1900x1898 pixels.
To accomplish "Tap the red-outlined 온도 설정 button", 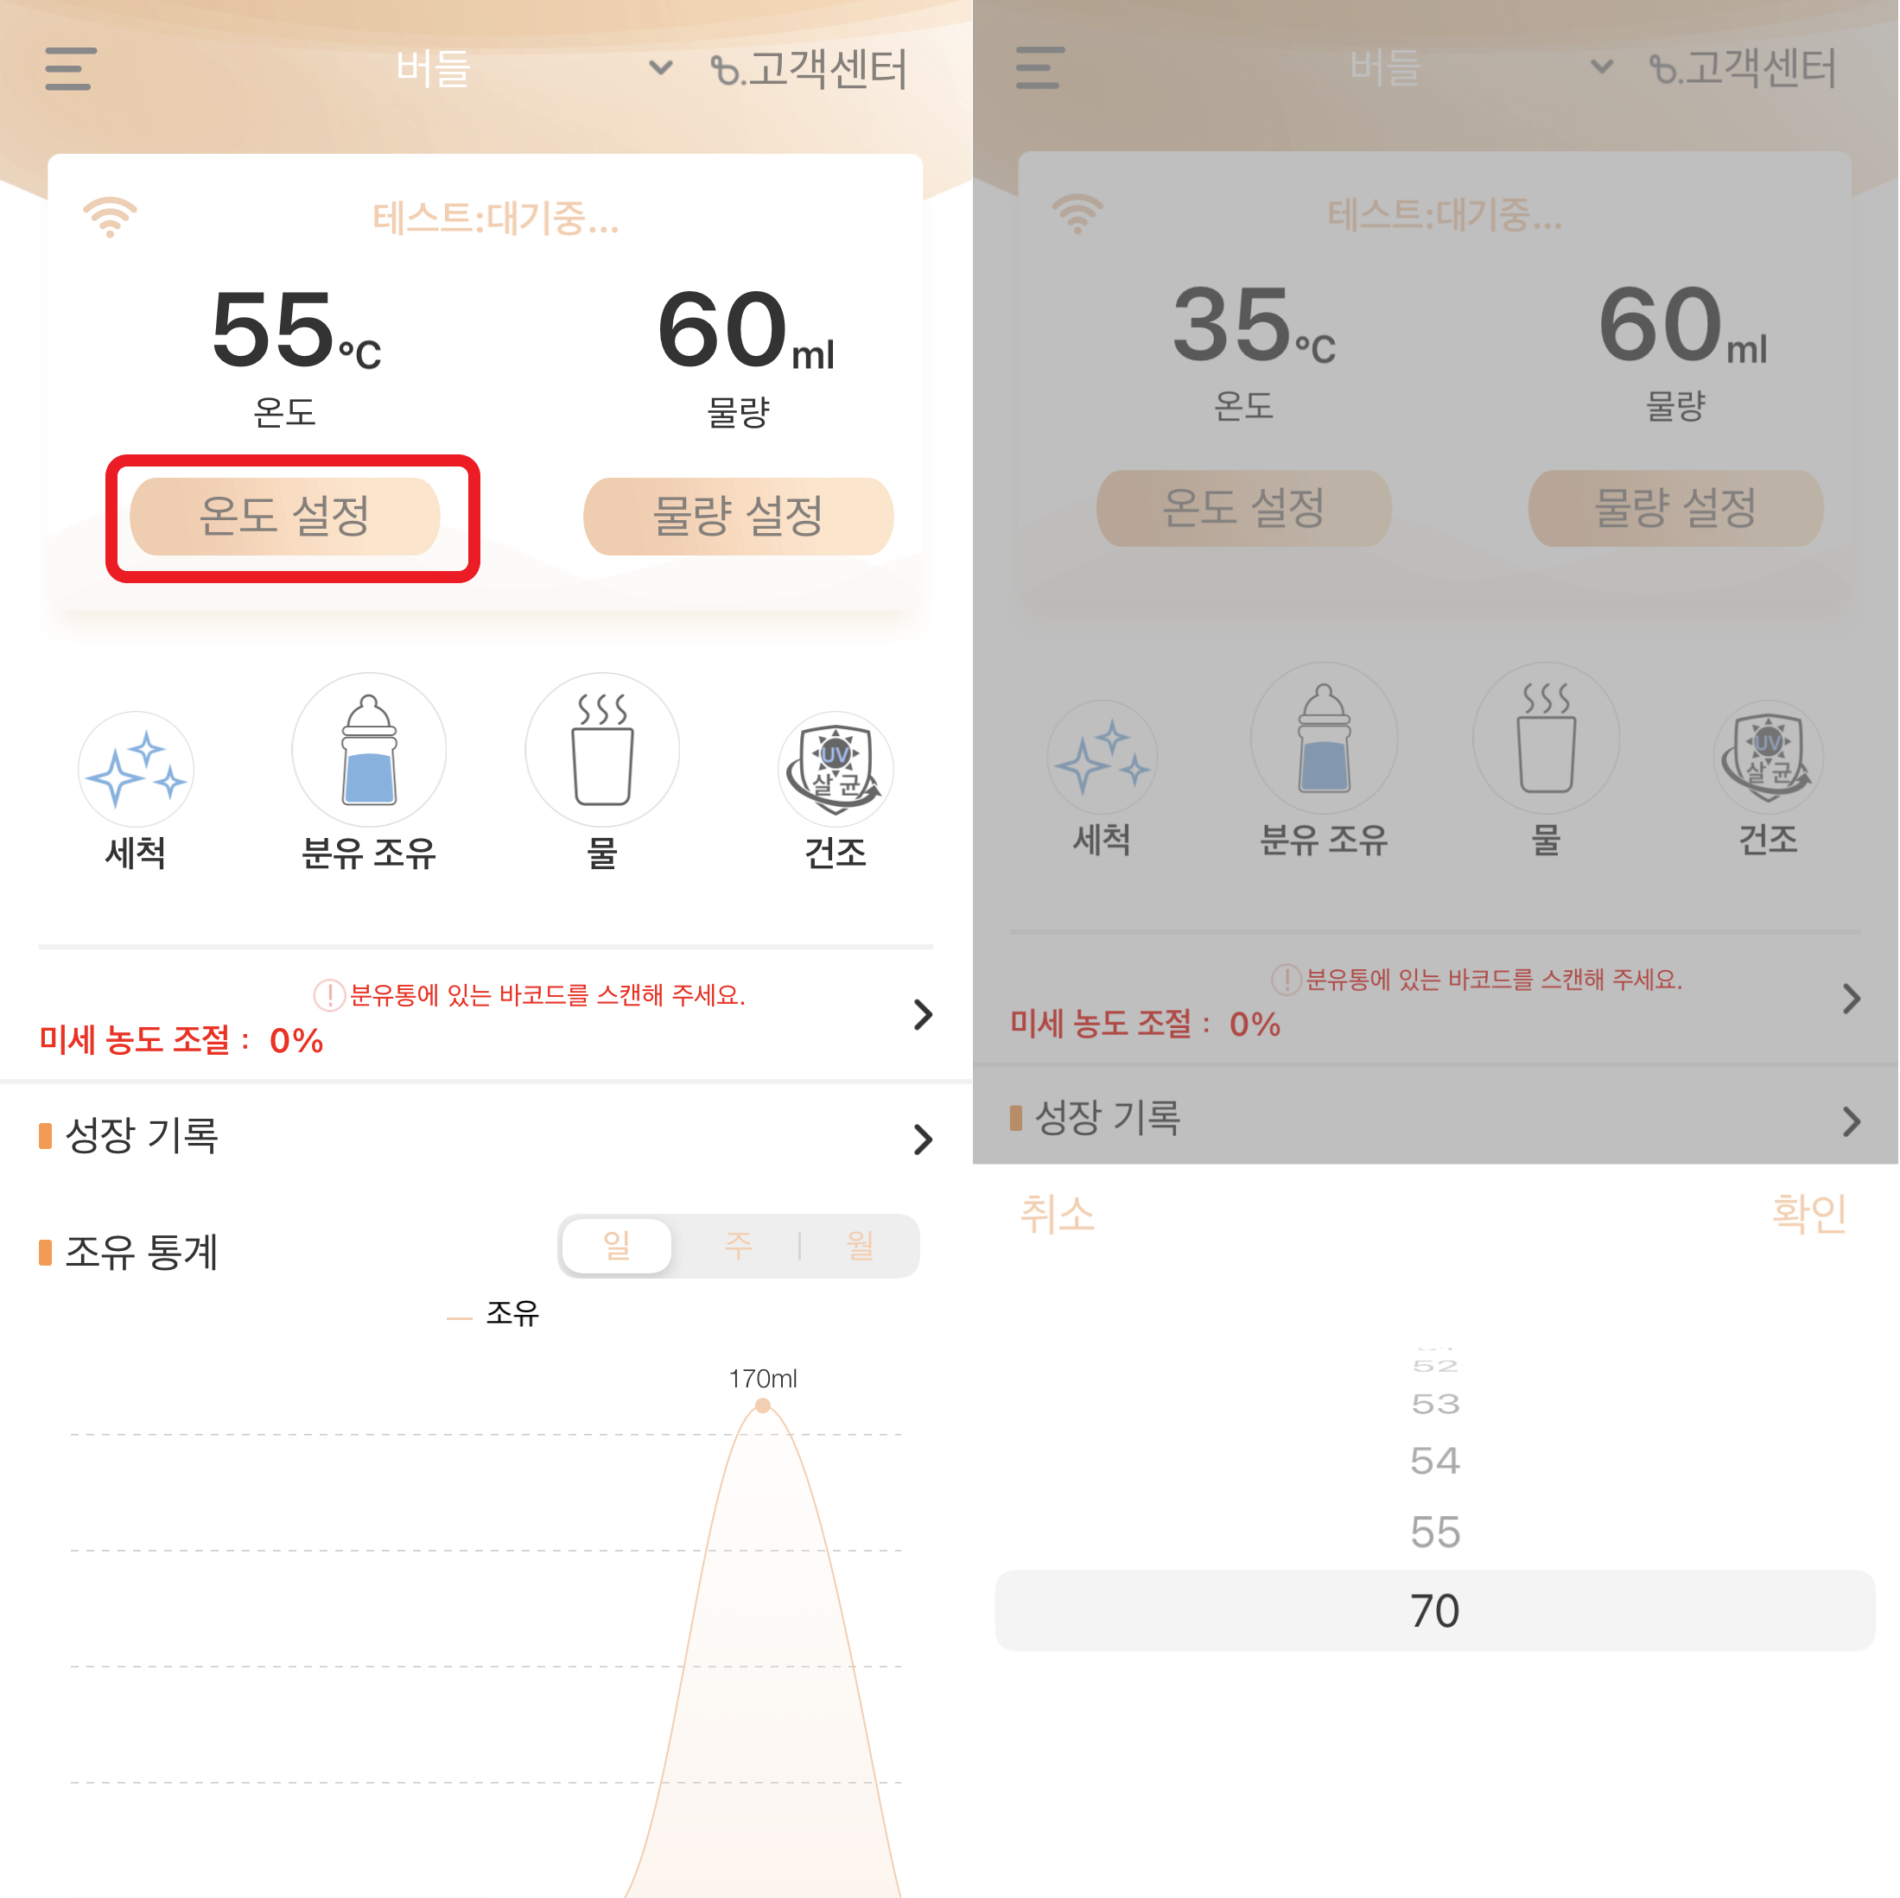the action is [285, 517].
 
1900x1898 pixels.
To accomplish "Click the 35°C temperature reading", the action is [1254, 325].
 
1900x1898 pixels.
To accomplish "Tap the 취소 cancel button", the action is [1058, 1214].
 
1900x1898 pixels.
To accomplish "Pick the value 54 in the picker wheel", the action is [1435, 1460].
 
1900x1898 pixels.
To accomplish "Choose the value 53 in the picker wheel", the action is [1435, 1403].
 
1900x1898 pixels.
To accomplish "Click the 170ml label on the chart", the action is [763, 1379].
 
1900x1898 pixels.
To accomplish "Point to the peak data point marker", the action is [763, 1406].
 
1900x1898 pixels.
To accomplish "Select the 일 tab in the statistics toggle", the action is [618, 1246].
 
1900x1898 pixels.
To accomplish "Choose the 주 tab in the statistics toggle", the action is [739, 1246].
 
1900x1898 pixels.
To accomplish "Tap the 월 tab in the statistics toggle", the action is [861, 1246].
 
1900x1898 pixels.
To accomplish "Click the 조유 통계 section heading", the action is [141, 1252].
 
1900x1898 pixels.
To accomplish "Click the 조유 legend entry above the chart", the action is [512, 1314].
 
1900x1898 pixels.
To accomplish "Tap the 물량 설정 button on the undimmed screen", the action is [739, 517].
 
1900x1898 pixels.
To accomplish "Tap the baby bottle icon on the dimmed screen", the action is [1324, 739].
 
